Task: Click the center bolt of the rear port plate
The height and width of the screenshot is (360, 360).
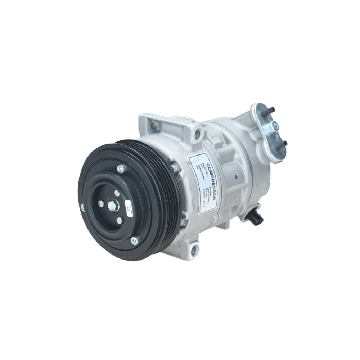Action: coord(275,126)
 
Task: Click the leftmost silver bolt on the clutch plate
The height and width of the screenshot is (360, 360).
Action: coord(82,208)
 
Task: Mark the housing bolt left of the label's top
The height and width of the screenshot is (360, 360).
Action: coord(175,168)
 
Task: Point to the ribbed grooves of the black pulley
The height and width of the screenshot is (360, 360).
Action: coord(162,202)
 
